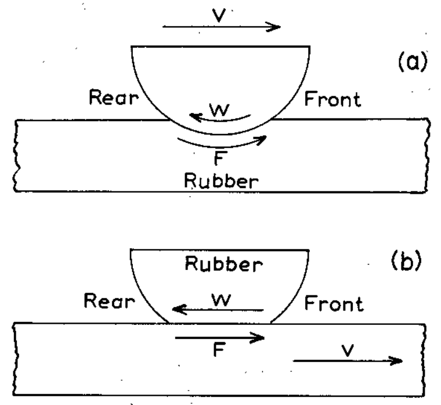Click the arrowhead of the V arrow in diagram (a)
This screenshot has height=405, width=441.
coord(275,27)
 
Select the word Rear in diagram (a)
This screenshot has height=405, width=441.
coord(113,100)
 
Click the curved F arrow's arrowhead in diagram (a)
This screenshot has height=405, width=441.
coord(263,138)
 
